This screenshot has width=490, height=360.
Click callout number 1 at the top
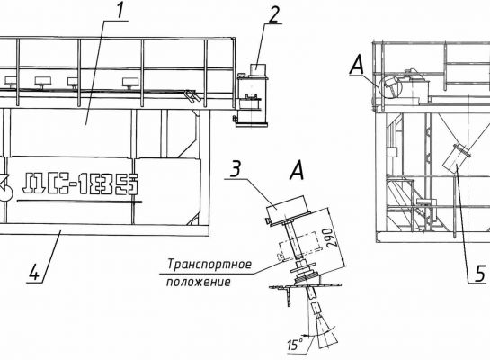[120, 11]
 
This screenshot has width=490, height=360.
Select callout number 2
[273, 15]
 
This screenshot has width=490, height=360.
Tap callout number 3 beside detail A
[236, 169]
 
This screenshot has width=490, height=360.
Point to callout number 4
[34, 272]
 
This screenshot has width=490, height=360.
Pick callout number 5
[481, 274]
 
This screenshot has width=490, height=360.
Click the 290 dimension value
[328, 238]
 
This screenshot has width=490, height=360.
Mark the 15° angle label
[295, 345]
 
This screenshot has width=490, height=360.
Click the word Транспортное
[209, 265]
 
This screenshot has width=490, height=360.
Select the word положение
[198, 282]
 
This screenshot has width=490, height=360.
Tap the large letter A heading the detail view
[297, 171]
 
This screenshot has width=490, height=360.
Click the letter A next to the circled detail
[357, 67]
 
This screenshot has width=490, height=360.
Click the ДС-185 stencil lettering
[80, 184]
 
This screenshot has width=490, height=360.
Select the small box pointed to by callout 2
[258, 69]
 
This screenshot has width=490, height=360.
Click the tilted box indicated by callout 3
[287, 209]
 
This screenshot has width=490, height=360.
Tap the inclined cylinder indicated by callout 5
[455, 158]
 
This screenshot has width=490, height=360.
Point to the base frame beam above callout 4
[103, 229]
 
